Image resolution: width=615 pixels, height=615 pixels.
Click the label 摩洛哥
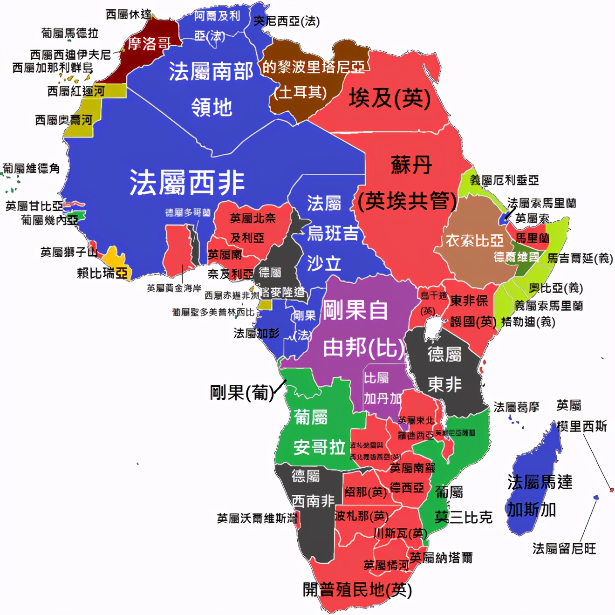click(x=149, y=44)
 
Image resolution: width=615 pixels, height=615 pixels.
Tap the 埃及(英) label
click(x=389, y=98)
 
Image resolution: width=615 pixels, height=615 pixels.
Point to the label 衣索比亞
click(x=474, y=240)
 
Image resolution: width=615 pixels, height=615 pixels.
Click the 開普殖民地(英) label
click(x=357, y=590)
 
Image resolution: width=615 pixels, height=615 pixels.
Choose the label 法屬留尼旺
click(x=564, y=548)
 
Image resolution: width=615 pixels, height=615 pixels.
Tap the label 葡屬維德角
click(x=31, y=168)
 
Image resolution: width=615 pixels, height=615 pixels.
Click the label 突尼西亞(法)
click(x=287, y=21)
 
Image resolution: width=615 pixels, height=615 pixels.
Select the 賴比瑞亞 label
click(x=102, y=273)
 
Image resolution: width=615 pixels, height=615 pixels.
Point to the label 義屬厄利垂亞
click(x=504, y=180)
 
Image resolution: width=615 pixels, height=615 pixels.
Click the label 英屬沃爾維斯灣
click(x=257, y=518)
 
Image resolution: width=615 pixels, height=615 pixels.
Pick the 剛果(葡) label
click(x=241, y=392)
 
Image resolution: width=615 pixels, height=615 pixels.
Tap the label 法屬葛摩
click(x=516, y=407)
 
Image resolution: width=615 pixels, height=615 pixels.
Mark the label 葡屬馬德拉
click(x=70, y=33)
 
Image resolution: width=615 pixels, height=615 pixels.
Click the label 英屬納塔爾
click(x=441, y=557)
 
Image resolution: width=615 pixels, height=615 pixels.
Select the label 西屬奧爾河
click(x=63, y=120)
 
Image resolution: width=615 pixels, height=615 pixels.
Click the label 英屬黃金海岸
click(x=174, y=288)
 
